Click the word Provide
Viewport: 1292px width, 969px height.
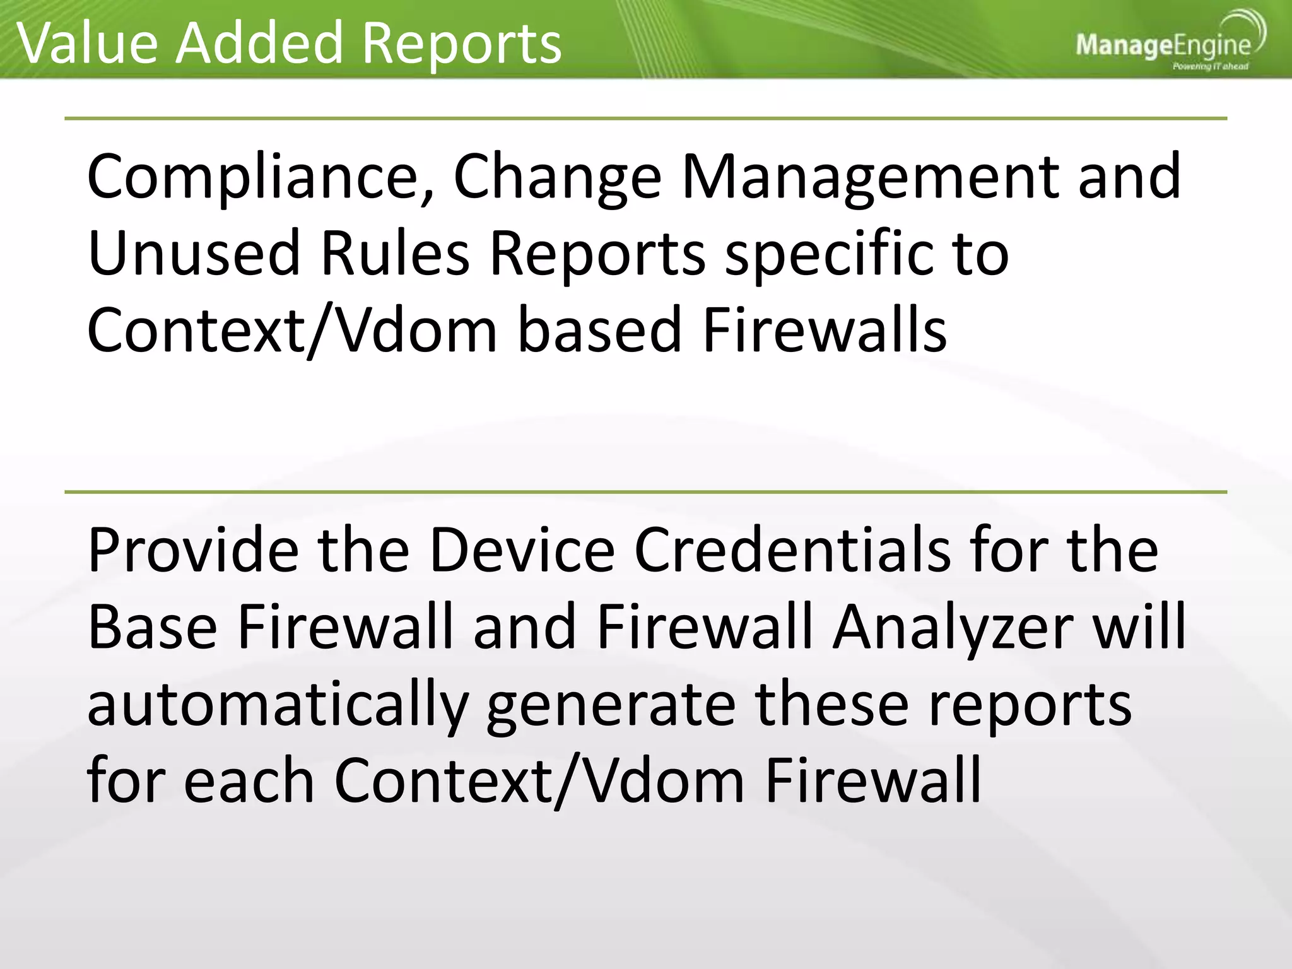click(193, 550)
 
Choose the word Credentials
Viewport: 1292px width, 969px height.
click(792, 550)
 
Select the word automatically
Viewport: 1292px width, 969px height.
click(278, 705)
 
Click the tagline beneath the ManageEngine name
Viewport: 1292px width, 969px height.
click(1210, 66)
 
